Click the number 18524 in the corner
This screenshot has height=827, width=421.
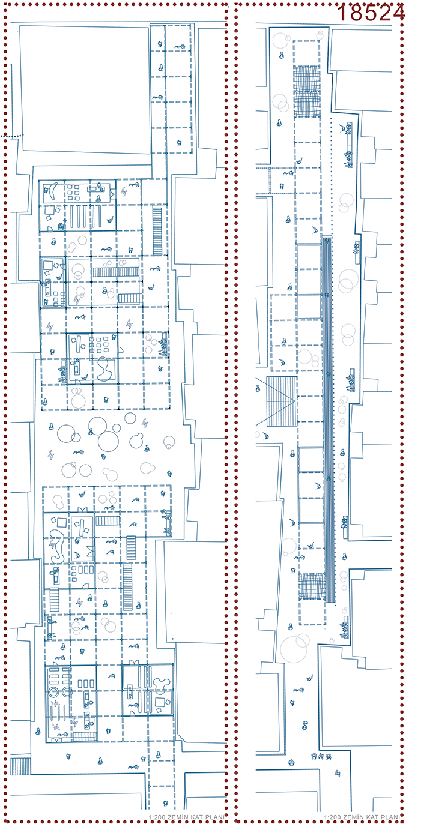click(x=371, y=13)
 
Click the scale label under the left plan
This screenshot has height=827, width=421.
click(x=187, y=817)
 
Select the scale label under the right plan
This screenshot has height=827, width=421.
click(x=362, y=817)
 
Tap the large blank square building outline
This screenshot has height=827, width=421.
click(x=85, y=89)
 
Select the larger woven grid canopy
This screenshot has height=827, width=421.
click(x=306, y=92)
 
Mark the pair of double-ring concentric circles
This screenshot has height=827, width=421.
click(x=61, y=691)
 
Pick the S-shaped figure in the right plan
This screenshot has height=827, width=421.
click(x=304, y=725)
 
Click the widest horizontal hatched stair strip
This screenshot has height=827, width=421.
click(x=115, y=272)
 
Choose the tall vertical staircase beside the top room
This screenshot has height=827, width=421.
click(x=157, y=231)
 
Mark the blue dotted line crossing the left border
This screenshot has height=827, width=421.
click(x=12, y=136)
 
